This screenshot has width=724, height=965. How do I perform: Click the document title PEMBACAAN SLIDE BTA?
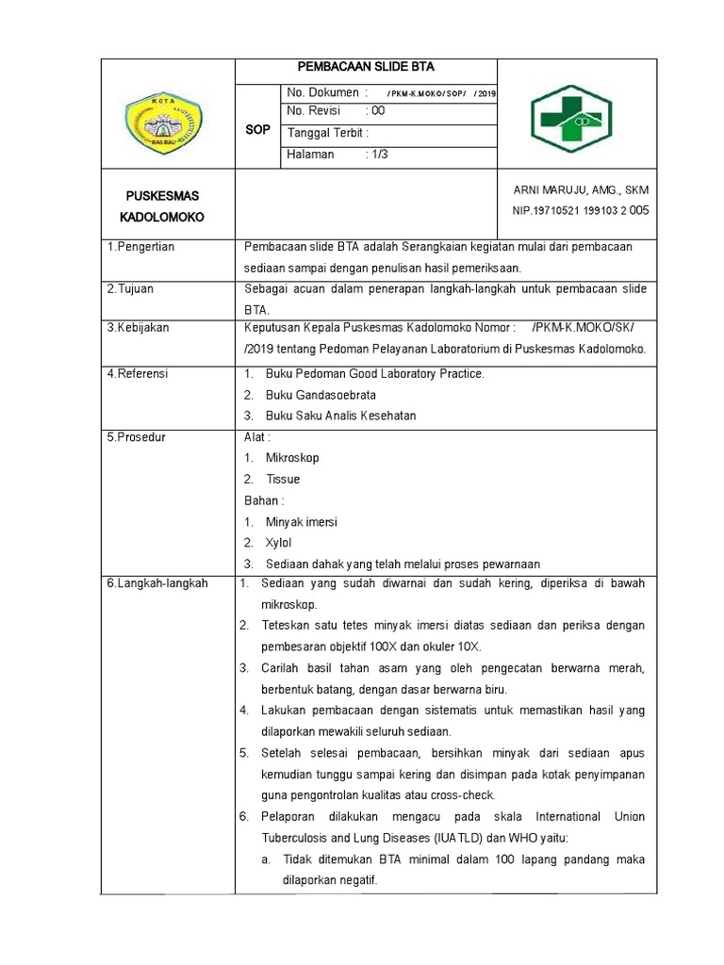point(365,67)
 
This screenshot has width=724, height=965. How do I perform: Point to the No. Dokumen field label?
point(322,92)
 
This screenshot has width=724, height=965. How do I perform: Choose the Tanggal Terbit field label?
point(327,133)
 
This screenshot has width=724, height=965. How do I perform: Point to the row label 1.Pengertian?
point(147,247)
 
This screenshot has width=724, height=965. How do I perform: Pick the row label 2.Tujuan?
point(138,289)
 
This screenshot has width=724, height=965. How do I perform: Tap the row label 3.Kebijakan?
point(144,328)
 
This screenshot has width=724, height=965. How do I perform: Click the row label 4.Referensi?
point(142,374)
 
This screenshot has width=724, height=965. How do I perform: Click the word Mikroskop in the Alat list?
point(292,458)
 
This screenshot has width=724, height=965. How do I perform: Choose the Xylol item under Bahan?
point(279,543)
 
